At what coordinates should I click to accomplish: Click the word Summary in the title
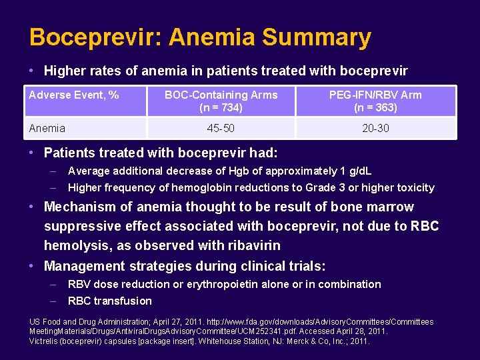pyautogui.click(x=317, y=37)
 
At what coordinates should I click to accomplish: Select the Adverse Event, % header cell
pyautogui.click(x=74, y=95)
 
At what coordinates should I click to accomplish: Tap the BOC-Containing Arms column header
pyautogui.click(x=221, y=95)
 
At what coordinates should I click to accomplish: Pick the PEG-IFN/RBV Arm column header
pyautogui.click(x=375, y=95)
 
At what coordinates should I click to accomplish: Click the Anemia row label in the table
pyautogui.click(x=47, y=128)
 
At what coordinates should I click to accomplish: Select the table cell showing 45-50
pyautogui.click(x=221, y=128)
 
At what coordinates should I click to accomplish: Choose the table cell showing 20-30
pyautogui.click(x=375, y=128)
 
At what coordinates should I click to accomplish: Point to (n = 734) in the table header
pyautogui.click(x=221, y=107)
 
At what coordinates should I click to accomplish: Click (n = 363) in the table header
pyautogui.click(x=375, y=107)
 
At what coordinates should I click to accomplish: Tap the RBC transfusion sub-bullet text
pyautogui.click(x=110, y=301)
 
